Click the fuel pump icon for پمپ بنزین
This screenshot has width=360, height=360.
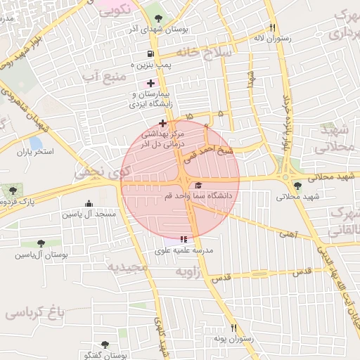150,53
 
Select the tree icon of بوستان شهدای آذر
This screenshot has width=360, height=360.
156,17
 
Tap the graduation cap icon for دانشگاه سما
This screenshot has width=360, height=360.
198,185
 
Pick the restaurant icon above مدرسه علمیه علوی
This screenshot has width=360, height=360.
184,239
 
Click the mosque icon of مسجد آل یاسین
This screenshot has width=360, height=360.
87,202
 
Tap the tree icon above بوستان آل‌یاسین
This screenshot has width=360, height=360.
48,242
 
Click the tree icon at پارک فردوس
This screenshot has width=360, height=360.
12,190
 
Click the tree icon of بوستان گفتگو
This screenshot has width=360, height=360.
105,344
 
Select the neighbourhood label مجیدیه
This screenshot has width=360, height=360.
127,267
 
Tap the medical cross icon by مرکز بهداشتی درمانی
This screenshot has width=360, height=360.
163,123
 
